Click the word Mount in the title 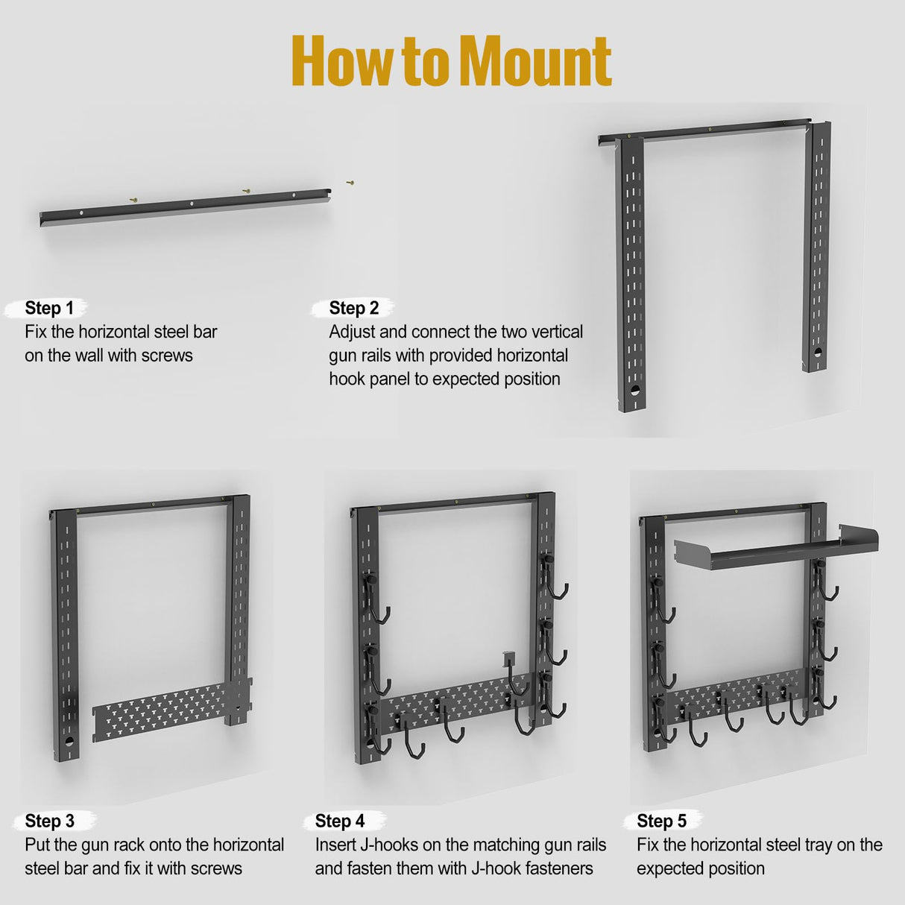click(x=535, y=61)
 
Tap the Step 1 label click(x=49, y=308)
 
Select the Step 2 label click(x=354, y=308)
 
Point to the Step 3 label click(x=49, y=821)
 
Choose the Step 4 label click(x=340, y=821)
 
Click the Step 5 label click(x=661, y=821)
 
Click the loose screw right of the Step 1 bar click(x=349, y=182)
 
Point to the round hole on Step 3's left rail click(x=69, y=741)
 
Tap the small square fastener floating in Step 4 click(x=507, y=657)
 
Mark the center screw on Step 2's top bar click(x=710, y=129)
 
